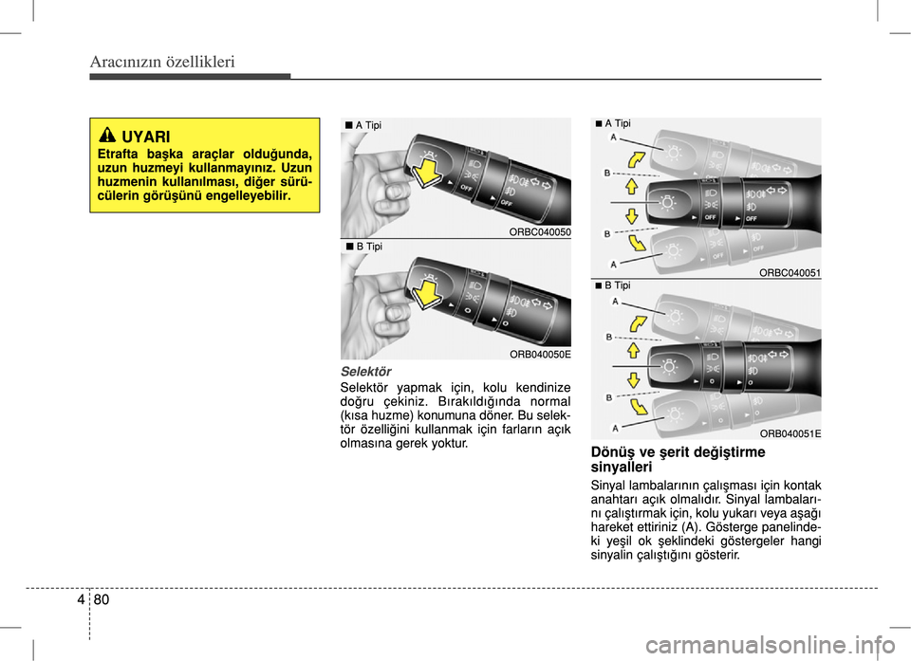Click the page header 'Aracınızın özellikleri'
coord(162,63)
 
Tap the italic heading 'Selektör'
coord(365,371)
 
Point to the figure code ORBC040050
coord(539,232)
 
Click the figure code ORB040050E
coord(539,353)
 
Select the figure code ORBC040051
coord(790,273)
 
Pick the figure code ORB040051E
coord(790,433)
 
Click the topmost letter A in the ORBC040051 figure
coord(613,138)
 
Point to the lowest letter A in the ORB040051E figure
coord(613,428)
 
